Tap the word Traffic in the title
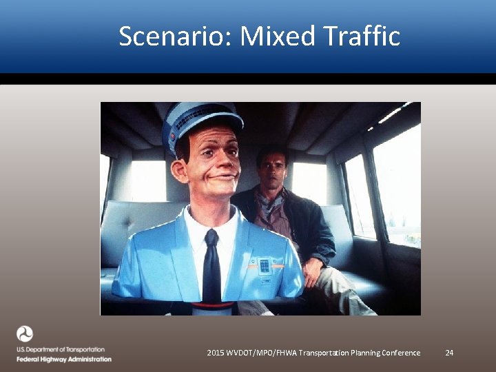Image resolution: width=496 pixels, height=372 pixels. (365, 36)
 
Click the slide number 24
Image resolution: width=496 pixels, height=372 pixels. (449, 353)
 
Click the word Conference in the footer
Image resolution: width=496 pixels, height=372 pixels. (397, 353)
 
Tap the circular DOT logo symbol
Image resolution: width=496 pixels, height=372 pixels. (25, 334)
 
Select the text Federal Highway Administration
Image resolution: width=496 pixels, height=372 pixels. (63, 359)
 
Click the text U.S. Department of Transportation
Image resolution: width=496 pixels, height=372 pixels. (61, 350)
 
